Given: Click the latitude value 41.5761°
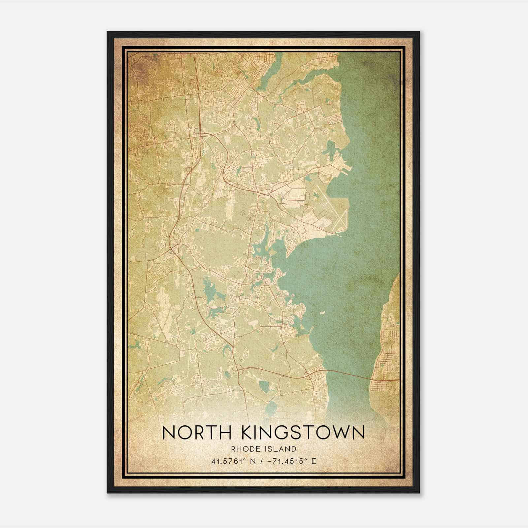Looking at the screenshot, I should click(x=227, y=461).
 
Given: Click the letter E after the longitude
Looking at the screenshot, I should click(x=313, y=461).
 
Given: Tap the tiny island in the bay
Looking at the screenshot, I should click(x=322, y=312).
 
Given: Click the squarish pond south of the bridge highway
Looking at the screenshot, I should click(x=264, y=385).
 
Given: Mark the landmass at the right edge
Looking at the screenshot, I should click(x=389, y=346).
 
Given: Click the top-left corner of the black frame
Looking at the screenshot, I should click(x=108, y=32).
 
